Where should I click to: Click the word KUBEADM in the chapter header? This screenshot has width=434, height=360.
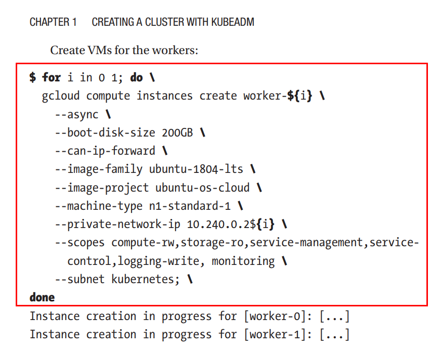coord(233,22)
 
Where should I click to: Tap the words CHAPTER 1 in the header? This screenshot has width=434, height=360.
coord(53,22)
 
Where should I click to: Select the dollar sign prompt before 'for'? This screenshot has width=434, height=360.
coord(33,77)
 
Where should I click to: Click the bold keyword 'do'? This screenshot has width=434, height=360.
coord(137,77)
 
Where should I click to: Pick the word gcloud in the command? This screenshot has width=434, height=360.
coord(61,96)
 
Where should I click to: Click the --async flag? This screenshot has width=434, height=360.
coord(77,115)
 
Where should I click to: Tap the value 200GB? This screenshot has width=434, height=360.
coord(177,133)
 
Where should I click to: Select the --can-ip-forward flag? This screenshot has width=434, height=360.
coord(105,151)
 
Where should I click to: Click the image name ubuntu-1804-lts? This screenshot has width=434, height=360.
coord(196,169)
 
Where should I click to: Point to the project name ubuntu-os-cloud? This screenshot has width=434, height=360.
coord(202,188)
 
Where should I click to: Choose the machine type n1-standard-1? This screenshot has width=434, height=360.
coord(190,206)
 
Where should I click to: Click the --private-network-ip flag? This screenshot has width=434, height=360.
coord(118,224)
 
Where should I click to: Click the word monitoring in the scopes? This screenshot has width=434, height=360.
coord(243,261)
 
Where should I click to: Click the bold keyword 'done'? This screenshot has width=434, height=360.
coord(42,297)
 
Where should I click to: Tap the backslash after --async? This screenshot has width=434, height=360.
coord(108,114)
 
